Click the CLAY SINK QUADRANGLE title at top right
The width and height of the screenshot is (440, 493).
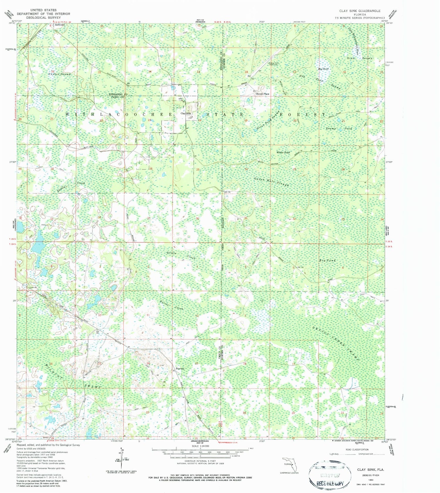[x=360, y=11]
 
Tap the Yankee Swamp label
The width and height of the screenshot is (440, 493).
[x=60, y=74]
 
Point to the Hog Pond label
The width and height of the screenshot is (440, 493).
[x=324, y=69]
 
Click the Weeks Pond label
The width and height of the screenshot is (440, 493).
[x=283, y=152]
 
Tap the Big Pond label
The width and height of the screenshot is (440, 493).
[x=327, y=260]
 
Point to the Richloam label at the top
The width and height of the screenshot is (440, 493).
[x=60, y=25]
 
